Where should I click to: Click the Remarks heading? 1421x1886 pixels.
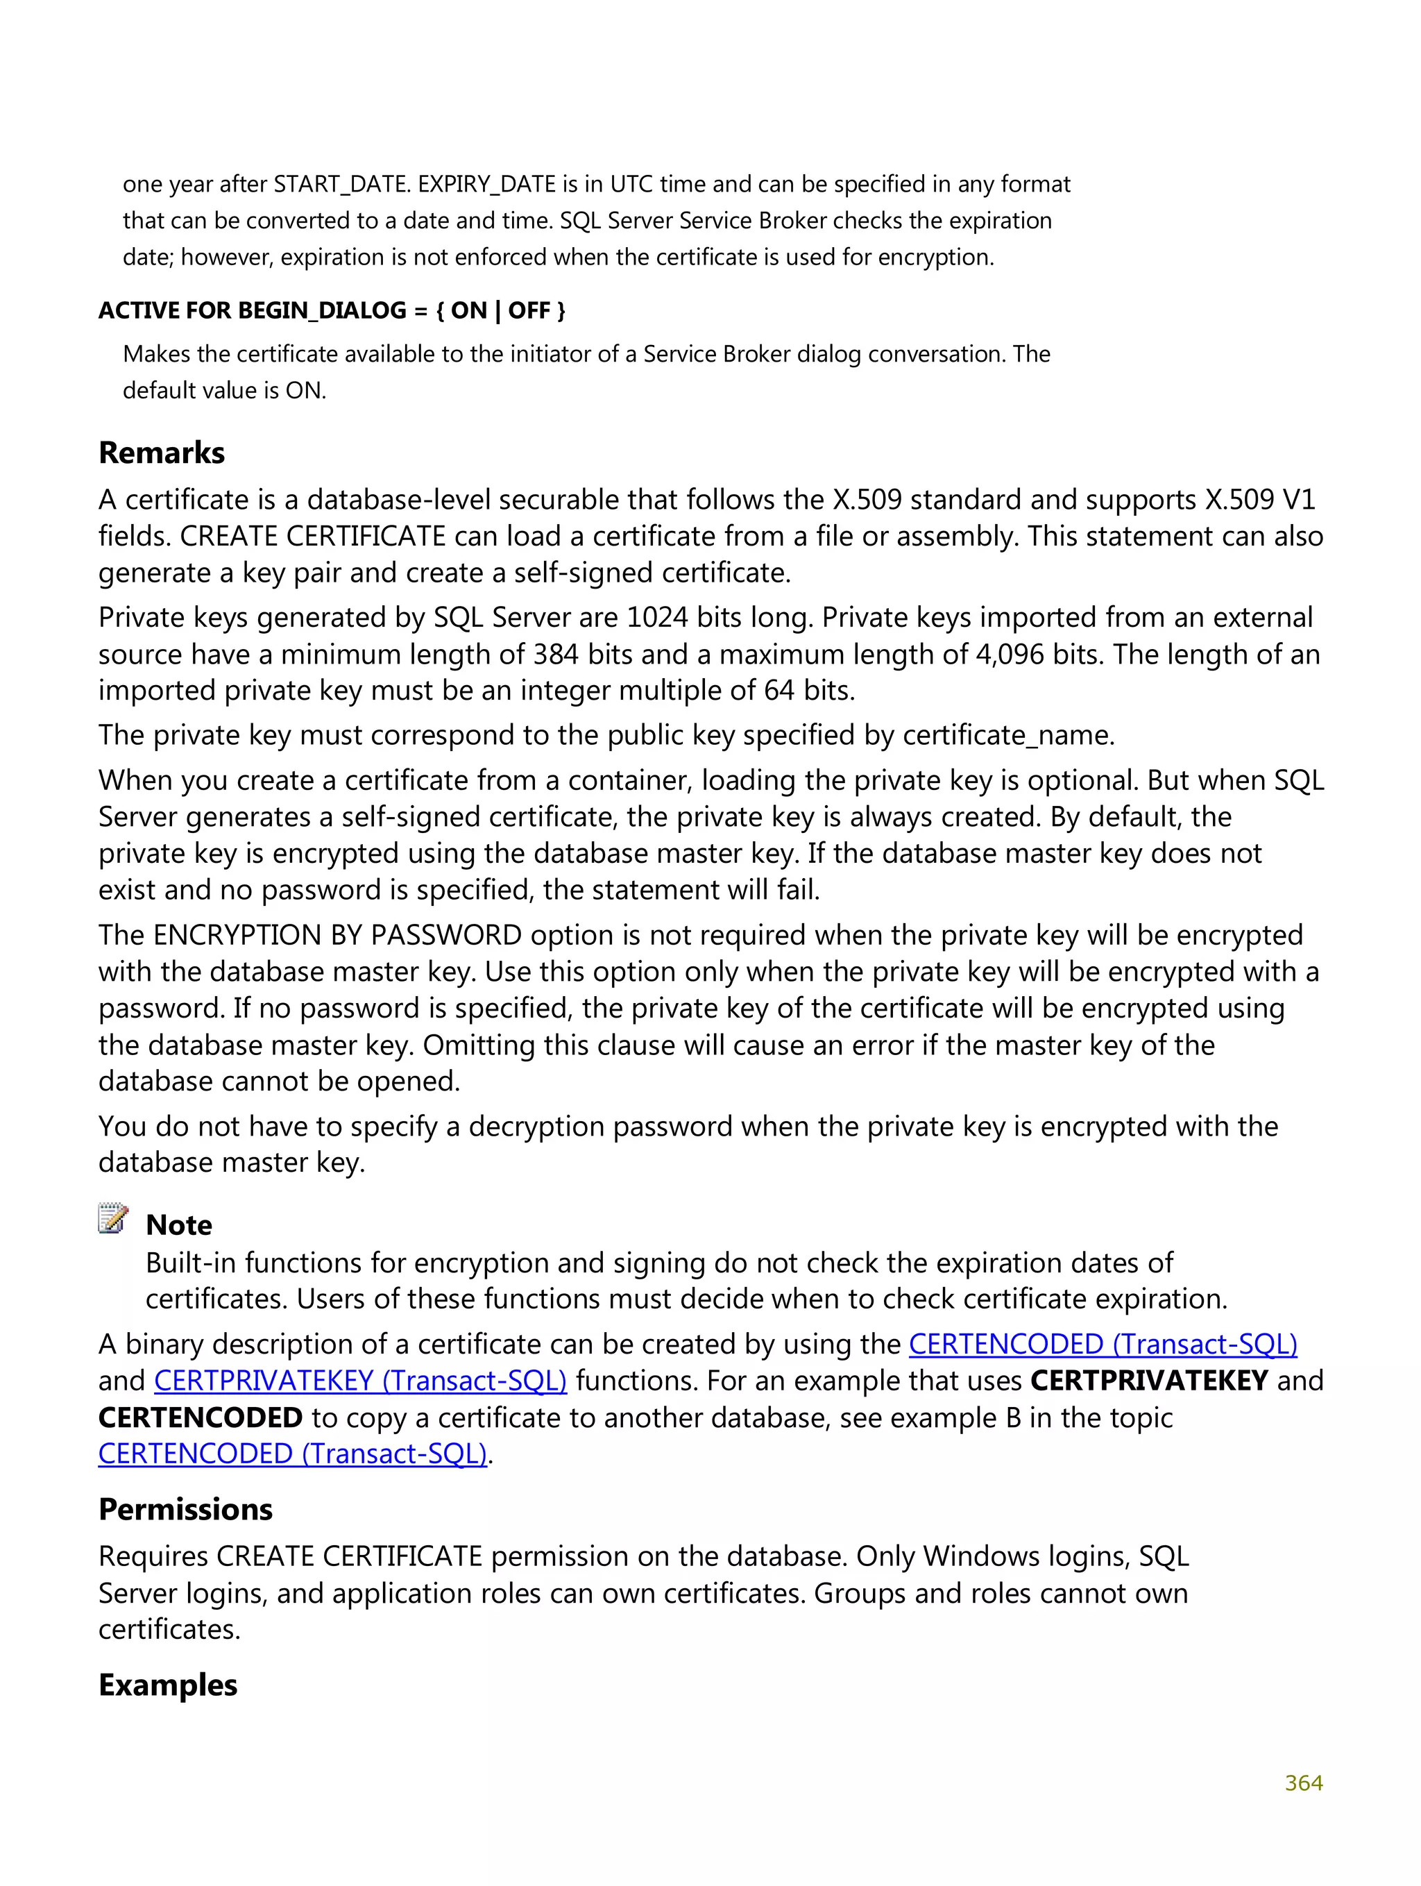tap(161, 453)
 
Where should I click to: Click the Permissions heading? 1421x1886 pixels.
tap(185, 1508)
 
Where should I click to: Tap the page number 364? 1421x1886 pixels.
tap(1302, 1783)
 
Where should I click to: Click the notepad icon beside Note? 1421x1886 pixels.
tap(112, 1219)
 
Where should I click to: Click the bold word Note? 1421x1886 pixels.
tap(178, 1224)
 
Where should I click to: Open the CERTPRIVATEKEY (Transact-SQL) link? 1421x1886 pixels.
tap(359, 1381)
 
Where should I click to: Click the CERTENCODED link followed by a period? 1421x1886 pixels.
tap(292, 1453)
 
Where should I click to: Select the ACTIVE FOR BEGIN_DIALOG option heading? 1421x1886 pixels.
tap(332, 310)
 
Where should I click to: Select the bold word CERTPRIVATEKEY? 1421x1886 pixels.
tap(1148, 1381)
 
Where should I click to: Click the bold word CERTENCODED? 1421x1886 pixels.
tap(199, 1417)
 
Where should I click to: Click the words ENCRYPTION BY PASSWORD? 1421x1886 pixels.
tap(337, 935)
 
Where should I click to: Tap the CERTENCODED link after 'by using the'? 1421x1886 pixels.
tap(1103, 1344)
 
